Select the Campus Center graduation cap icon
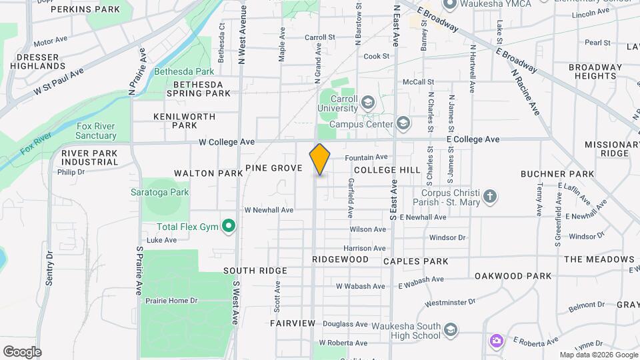(403, 123)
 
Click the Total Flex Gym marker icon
(229, 227)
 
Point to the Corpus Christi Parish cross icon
(490, 197)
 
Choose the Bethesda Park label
(184, 71)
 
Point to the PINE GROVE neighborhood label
(274, 168)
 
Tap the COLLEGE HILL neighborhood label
(387, 170)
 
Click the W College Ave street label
(227, 142)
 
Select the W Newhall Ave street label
(269, 210)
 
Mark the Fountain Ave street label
(367, 157)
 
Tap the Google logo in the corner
(22, 351)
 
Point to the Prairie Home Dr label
(171, 301)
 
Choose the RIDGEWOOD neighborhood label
(340, 259)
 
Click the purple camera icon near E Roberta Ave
(496, 341)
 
